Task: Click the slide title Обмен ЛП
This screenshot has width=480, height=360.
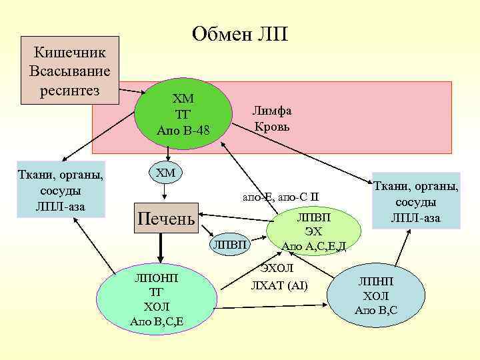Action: (239, 34)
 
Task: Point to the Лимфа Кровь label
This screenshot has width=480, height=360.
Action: (272, 119)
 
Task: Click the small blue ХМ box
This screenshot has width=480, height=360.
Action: (165, 174)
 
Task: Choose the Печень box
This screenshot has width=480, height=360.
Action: (165, 217)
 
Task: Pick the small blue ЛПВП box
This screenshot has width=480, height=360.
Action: (229, 245)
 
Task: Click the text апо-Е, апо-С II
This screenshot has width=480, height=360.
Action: (281, 197)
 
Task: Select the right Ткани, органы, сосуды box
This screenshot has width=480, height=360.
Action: (415, 201)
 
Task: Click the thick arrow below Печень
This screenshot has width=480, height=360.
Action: (161, 250)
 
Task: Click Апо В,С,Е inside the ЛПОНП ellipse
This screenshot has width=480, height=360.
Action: (157, 322)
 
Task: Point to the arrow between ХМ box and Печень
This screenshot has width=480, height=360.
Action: (165, 192)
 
